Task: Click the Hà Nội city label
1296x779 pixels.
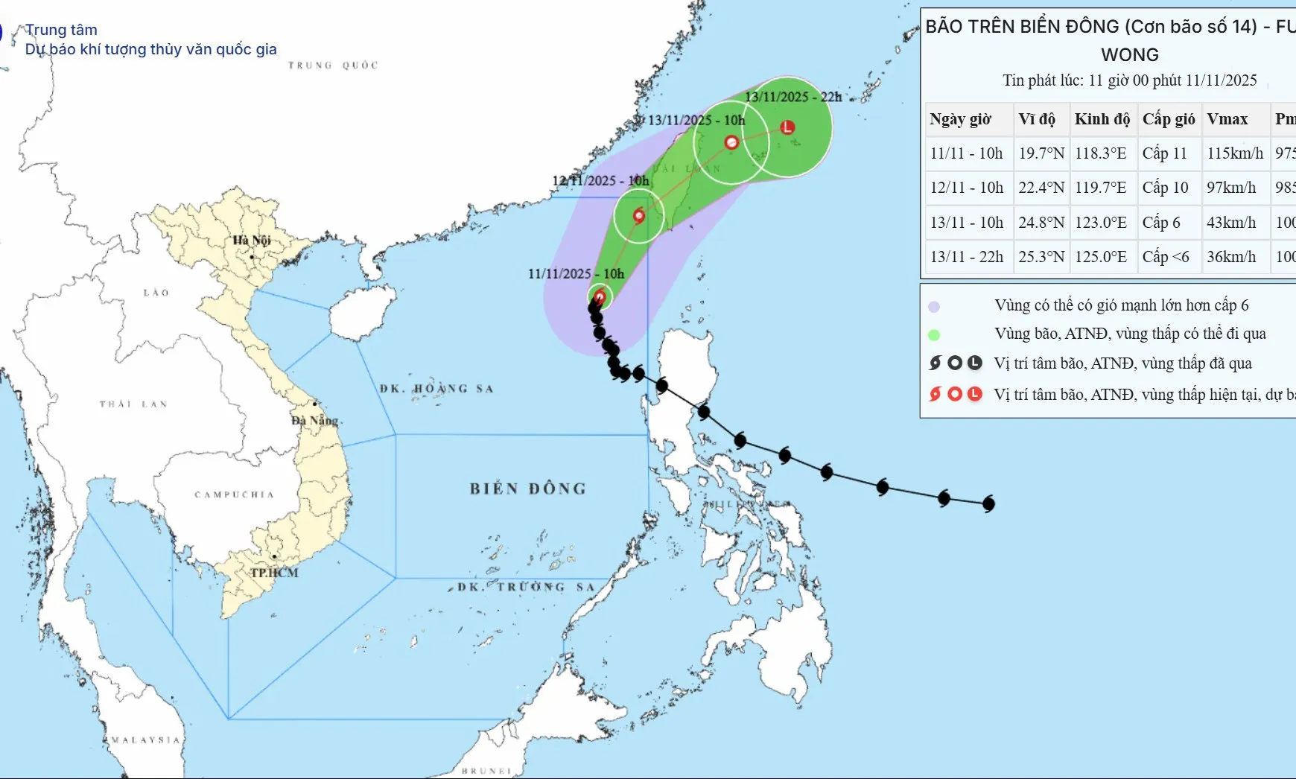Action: (251, 240)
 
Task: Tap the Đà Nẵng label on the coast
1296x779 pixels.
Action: (314, 420)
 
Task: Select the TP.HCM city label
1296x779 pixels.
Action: (274, 573)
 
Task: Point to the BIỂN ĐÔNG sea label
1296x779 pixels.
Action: (527, 489)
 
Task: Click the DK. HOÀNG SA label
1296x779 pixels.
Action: (436, 389)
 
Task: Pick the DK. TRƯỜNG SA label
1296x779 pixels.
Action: (526, 587)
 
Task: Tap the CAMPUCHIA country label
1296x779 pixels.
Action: (235, 495)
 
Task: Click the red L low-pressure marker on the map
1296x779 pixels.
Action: (787, 127)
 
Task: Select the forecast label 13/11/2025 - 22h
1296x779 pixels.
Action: (793, 97)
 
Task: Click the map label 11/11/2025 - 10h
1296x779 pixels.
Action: (576, 274)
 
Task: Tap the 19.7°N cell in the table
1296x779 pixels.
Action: (1041, 153)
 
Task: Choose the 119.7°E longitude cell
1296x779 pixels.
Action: (1100, 188)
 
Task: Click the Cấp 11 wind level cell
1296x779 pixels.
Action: (1164, 153)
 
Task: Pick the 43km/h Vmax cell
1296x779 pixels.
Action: (1231, 223)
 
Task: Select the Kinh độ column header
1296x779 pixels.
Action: (1102, 119)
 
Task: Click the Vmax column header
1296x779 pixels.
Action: (1227, 119)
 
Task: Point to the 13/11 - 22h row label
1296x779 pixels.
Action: (966, 257)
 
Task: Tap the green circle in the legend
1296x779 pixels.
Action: (934, 335)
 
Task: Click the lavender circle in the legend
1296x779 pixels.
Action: (934, 307)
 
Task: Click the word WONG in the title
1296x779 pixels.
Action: (1130, 55)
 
